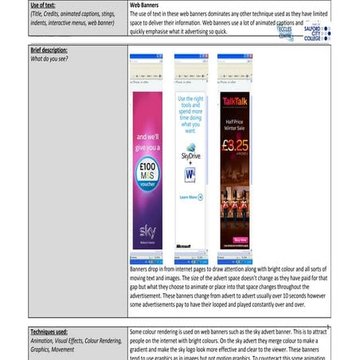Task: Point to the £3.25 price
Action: pos(235,146)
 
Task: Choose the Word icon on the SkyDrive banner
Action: pos(190,175)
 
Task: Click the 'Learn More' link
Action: pos(190,197)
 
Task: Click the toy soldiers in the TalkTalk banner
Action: pos(235,191)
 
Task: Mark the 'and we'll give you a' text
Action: pos(147,141)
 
